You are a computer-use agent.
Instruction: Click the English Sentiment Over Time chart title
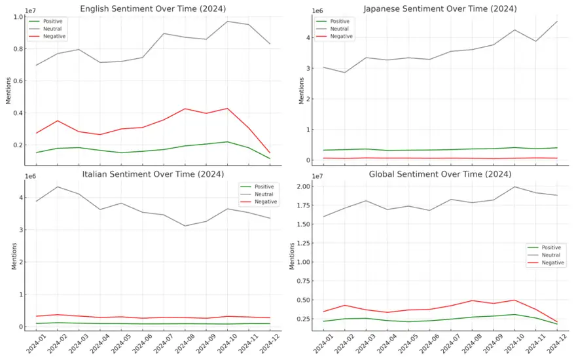pyautogui.click(x=153, y=9)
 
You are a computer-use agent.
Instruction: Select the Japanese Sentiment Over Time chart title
pyautogui.click(x=440, y=9)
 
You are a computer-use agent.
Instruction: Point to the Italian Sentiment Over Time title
pyautogui.click(x=153, y=173)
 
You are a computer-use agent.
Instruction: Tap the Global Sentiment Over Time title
pyautogui.click(x=440, y=173)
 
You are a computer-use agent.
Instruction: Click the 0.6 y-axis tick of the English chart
pyautogui.click(x=17, y=81)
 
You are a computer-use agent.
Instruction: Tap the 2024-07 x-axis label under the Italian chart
pyautogui.click(x=161, y=344)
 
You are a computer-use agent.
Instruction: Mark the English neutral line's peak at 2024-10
pyautogui.click(x=227, y=22)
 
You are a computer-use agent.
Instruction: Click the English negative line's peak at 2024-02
pyautogui.click(x=58, y=120)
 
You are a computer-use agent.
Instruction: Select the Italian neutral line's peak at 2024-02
pyautogui.click(x=58, y=187)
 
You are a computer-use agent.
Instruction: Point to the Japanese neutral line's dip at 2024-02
pyautogui.click(x=344, y=73)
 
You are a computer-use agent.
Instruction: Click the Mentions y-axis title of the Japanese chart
pyautogui.click(x=301, y=91)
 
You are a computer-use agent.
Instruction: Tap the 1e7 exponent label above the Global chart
pyautogui.click(x=317, y=176)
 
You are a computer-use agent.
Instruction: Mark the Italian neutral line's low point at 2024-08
pyautogui.click(x=185, y=226)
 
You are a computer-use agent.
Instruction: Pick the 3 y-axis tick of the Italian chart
pyautogui.click(x=20, y=230)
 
